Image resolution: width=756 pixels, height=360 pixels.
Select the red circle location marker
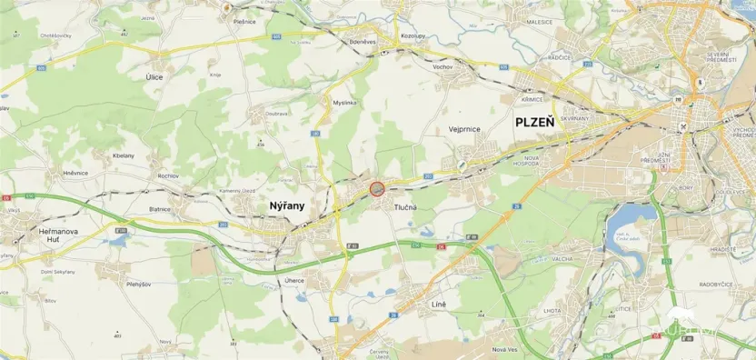(377, 189)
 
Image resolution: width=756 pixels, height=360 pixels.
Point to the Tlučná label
(406, 207)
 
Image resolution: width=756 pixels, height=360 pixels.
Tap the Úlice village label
(154, 77)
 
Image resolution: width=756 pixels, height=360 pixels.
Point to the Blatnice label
(160, 208)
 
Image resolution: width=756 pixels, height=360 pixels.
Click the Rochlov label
(168, 175)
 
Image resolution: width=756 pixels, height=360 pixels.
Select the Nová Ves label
(505, 350)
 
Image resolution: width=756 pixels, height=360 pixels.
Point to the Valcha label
(562, 259)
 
